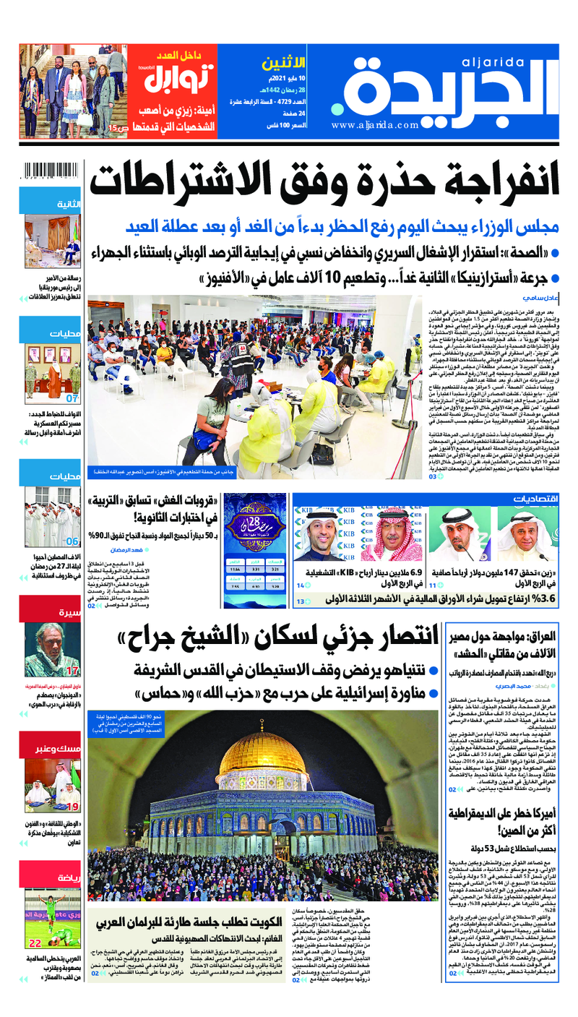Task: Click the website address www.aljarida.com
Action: coord(376,124)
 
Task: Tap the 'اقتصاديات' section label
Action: coord(535,499)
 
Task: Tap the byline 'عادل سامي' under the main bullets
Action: coord(536,298)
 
